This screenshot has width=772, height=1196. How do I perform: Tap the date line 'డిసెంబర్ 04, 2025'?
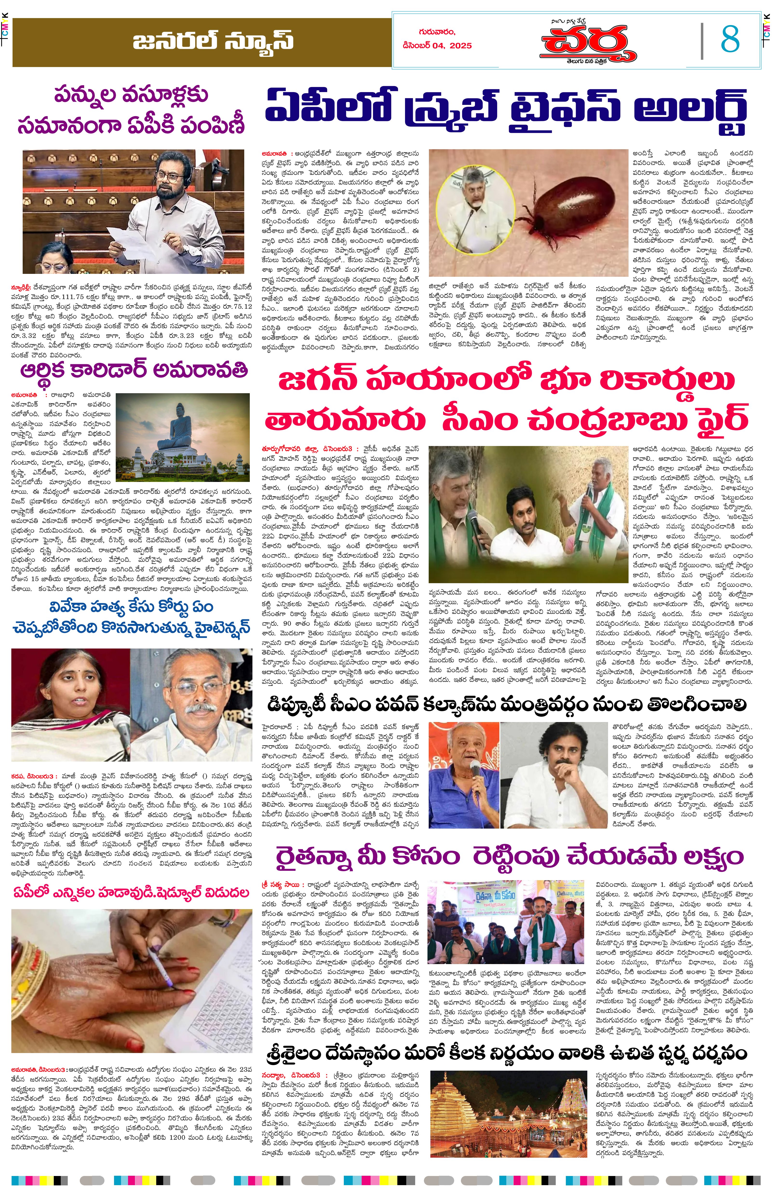tap(437, 46)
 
